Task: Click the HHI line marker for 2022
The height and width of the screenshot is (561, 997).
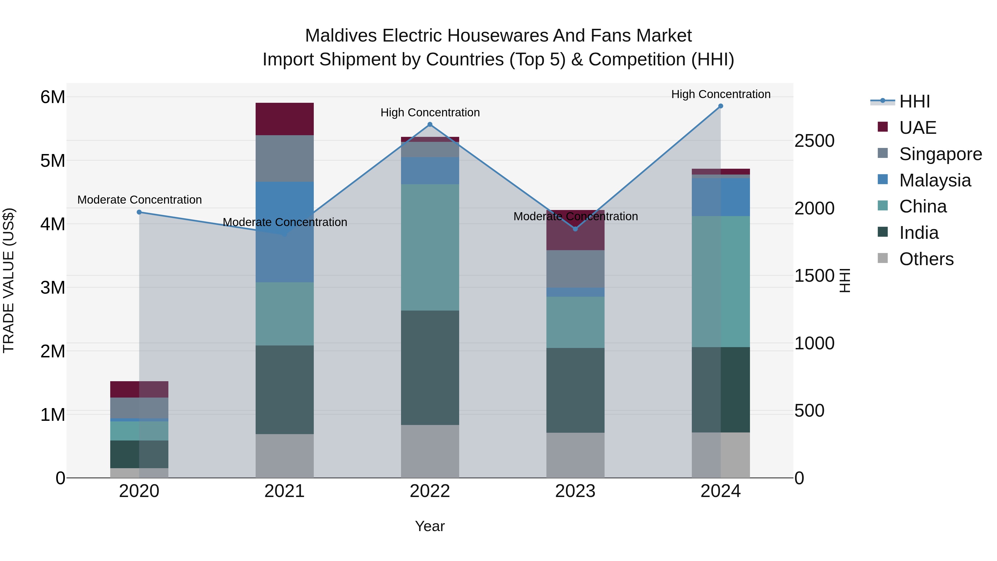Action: [x=430, y=125]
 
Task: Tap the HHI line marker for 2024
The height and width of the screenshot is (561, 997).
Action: [x=720, y=106]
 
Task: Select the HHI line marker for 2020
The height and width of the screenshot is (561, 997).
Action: [x=139, y=212]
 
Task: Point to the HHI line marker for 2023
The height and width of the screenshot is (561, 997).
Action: [x=575, y=229]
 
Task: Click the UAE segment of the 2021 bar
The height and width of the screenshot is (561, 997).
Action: [x=284, y=119]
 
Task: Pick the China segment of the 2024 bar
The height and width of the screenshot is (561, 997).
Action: [x=720, y=281]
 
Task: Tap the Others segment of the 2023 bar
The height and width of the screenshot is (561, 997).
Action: [x=575, y=455]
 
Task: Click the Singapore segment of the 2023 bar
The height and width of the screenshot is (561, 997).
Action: [x=575, y=269]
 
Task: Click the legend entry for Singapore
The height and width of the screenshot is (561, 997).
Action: [x=940, y=154]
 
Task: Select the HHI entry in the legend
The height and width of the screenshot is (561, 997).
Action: [x=914, y=101]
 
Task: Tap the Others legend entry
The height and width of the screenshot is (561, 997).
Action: [x=926, y=259]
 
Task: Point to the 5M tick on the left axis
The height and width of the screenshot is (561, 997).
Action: [x=53, y=161]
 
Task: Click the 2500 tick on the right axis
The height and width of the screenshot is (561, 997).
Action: [x=814, y=141]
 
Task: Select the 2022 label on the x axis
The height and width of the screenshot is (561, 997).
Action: [x=430, y=491]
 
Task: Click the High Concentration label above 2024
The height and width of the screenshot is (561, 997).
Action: [x=721, y=94]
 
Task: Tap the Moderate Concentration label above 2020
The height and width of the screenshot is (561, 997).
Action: [x=139, y=200]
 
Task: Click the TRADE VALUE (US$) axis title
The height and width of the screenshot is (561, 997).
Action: [x=9, y=280]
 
